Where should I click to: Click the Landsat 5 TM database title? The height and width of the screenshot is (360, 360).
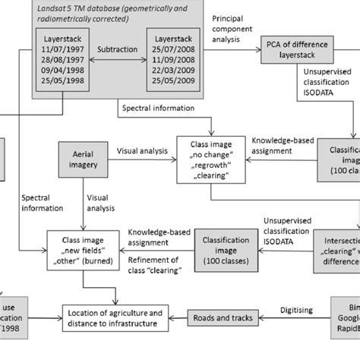[106, 14]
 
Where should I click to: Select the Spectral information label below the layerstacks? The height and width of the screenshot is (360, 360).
[156, 109]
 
